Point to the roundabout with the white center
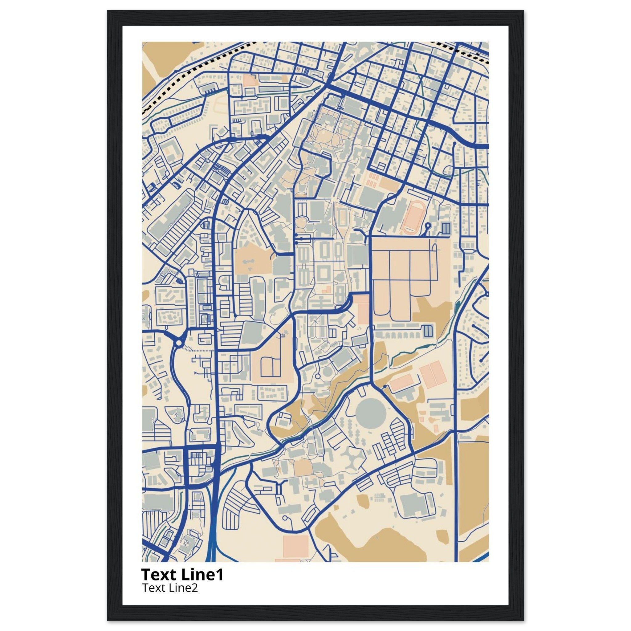(178, 343)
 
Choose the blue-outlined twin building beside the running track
(446, 228)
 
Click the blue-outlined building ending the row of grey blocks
(428, 331)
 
